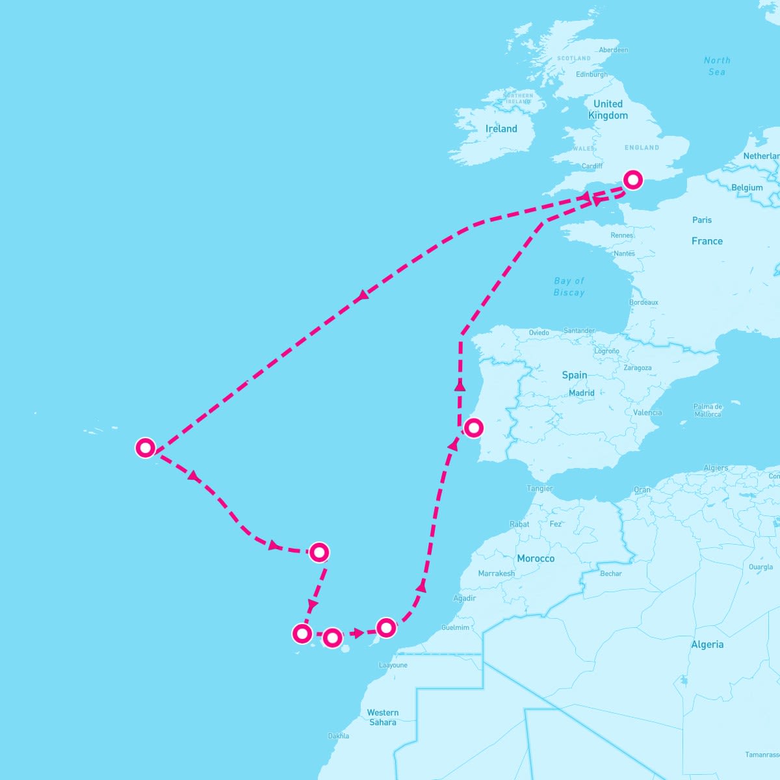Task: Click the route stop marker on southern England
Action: (632, 180)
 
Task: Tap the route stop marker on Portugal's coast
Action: (474, 428)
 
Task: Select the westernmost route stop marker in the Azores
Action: (145, 448)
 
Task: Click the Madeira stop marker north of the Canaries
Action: (318, 552)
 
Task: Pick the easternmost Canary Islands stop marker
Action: (386, 627)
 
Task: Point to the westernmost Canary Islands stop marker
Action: (302, 633)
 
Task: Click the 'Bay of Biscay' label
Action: (569, 287)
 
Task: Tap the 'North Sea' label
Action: (717, 66)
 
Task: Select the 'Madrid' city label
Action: (581, 393)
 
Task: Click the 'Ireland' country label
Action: (501, 129)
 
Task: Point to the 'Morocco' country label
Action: (536, 558)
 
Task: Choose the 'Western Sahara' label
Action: (383, 718)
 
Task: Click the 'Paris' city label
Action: (701, 220)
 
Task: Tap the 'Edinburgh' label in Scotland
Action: (591, 74)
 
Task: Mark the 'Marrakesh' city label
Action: (496, 573)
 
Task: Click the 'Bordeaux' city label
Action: (643, 302)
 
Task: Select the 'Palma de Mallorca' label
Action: (708, 410)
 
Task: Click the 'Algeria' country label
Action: (707, 644)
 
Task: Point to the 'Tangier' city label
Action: (539, 488)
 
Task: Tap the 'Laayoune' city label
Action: (393, 665)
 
